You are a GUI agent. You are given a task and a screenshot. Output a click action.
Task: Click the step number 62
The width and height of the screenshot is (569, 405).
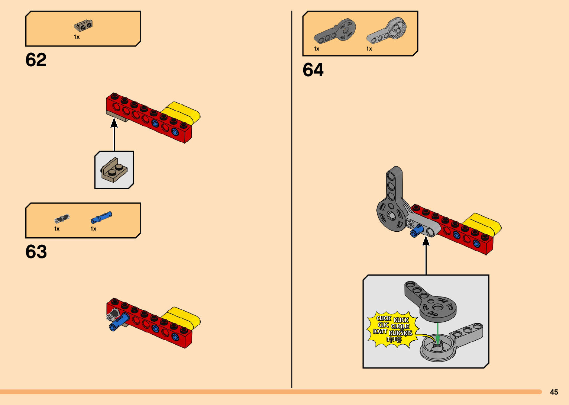(x=36, y=60)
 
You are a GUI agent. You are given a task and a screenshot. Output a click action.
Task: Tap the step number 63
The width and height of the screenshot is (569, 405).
(x=36, y=252)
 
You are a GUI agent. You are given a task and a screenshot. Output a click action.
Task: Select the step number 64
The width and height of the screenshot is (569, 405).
(x=313, y=70)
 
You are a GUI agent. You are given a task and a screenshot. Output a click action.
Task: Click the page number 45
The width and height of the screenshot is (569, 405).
(x=554, y=392)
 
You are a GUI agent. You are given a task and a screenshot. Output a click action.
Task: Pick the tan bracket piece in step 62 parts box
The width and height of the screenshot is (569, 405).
(x=83, y=26)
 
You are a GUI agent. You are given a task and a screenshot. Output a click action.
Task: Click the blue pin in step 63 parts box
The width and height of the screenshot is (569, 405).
(x=101, y=217)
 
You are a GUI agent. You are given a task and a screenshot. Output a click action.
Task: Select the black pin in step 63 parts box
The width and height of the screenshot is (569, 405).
(x=62, y=219)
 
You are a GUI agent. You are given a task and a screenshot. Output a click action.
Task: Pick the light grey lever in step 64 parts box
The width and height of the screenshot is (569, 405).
(x=387, y=31)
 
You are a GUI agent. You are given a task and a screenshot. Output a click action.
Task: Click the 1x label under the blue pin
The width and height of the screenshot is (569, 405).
(x=93, y=229)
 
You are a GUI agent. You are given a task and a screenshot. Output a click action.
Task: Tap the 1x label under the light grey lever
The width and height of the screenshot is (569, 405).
(x=369, y=49)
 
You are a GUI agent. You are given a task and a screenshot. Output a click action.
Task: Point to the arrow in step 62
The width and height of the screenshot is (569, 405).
(x=114, y=134)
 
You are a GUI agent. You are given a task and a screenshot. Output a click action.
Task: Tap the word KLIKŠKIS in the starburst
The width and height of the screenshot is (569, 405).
(x=400, y=333)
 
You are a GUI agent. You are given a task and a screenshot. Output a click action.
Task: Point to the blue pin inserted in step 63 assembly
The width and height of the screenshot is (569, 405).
(x=119, y=322)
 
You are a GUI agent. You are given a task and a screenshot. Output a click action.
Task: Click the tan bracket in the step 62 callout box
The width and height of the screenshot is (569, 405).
(x=114, y=170)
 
